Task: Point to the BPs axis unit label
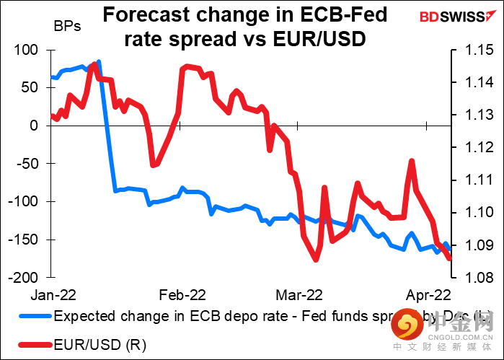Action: pyautogui.click(x=67, y=27)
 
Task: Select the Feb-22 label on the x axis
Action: pyautogui.click(x=181, y=294)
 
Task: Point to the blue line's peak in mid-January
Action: pyautogui.click(x=99, y=61)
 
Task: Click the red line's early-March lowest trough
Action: pyautogui.click(x=315, y=260)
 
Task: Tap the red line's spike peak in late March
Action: pyautogui.click(x=412, y=161)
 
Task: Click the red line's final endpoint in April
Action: pyautogui.click(x=450, y=258)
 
